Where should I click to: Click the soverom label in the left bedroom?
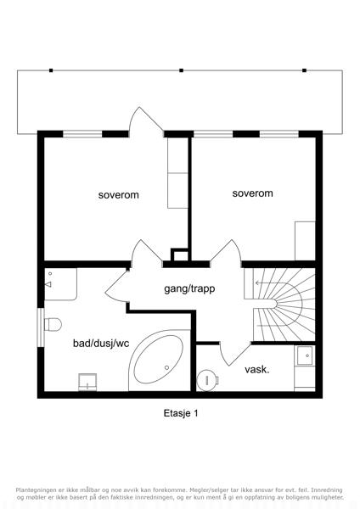click(x=119, y=195)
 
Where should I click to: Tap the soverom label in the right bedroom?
click(x=252, y=193)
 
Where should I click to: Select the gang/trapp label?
click(x=189, y=288)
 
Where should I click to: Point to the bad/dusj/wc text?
click(x=101, y=343)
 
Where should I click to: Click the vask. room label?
click(x=257, y=369)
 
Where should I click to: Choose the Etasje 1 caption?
click(x=181, y=413)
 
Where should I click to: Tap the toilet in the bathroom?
click(x=53, y=324)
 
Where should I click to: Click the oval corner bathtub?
click(x=159, y=360)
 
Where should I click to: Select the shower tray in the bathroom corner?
click(x=60, y=283)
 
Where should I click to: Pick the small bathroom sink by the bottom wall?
click(x=87, y=382)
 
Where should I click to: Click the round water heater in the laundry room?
click(x=207, y=380)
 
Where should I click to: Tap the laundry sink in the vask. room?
click(x=305, y=355)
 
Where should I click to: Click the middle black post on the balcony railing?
click(x=182, y=70)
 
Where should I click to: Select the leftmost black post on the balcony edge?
click(x=51, y=70)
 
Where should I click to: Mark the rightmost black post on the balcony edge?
click(x=305, y=70)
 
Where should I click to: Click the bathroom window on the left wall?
click(x=41, y=327)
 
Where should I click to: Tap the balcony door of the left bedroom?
click(x=146, y=121)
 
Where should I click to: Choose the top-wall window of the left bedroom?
click(x=82, y=134)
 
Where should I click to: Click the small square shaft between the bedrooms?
click(x=179, y=255)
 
